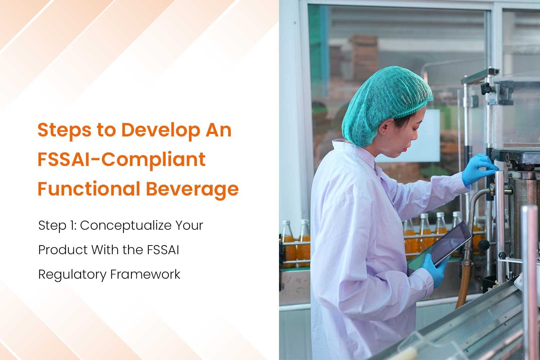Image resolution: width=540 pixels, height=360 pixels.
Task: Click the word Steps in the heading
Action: pyautogui.click(x=64, y=130)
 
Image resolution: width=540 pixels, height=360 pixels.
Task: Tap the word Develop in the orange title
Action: pyautogui.click(x=161, y=130)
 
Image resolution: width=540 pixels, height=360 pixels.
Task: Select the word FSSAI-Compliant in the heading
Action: pyautogui.click(x=122, y=159)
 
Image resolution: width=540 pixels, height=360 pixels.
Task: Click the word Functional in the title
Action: pyautogui.click(x=89, y=188)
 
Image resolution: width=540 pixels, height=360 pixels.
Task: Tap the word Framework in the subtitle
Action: pyautogui.click(x=145, y=274)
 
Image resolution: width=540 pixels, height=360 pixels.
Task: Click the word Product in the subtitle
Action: pyautogui.click(x=63, y=249)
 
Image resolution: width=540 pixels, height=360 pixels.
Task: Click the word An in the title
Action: pyautogui.click(x=219, y=130)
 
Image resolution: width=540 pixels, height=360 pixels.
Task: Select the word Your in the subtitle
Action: pyautogui.click(x=189, y=225)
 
